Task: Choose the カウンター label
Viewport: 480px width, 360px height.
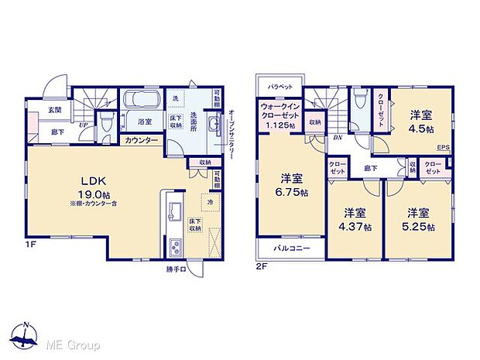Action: point(142,141)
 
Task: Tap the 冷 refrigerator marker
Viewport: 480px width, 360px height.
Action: point(209,203)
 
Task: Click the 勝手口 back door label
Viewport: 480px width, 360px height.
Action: point(177,270)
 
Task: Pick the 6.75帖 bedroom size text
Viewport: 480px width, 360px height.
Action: point(291,192)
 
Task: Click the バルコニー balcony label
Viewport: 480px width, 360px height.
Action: point(291,249)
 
